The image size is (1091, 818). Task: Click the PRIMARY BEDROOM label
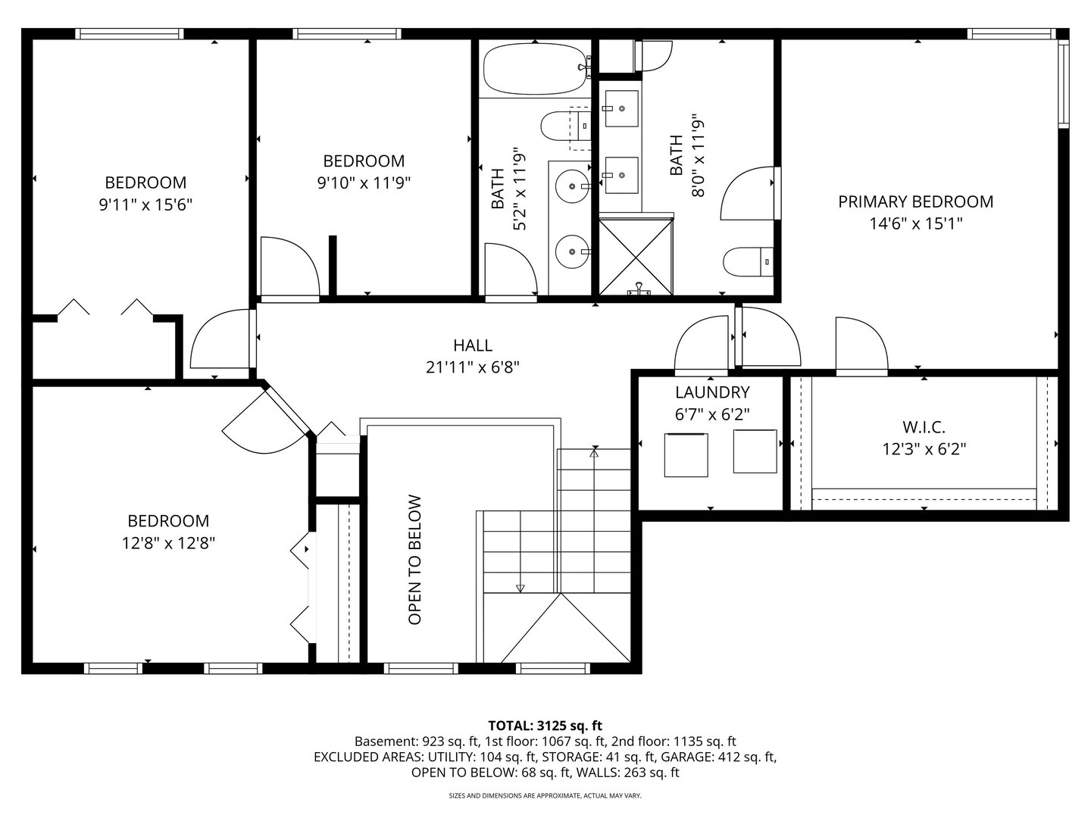(x=915, y=201)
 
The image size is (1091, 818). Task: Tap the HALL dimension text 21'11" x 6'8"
(x=473, y=367)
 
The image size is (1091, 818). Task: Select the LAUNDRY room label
(x=712, y=392)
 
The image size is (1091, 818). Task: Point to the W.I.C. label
(x=924, y=427)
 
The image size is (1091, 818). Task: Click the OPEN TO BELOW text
(x=414, y=560)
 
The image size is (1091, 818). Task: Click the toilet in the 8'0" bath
(x=748, y=262)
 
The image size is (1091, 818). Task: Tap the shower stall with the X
(x=636, y=257)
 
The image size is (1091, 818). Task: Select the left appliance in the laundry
(x=686, y=455)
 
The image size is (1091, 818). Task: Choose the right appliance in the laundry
(x=755, y=451)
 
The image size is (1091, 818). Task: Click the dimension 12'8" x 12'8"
(x=168, y=543)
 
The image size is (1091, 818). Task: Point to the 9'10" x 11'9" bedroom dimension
(x=364, y=183)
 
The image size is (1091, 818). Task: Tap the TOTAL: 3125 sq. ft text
(x=545, y=726)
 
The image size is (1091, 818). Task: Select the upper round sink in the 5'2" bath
(x=573, y=186)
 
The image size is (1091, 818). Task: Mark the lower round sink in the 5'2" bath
(x=573, y=251)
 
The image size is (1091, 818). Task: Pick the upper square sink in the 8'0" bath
(x=621, y=108)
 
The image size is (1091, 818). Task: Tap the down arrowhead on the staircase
(x=520, y=589)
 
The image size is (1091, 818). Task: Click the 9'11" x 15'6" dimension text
(x=145, y=204)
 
